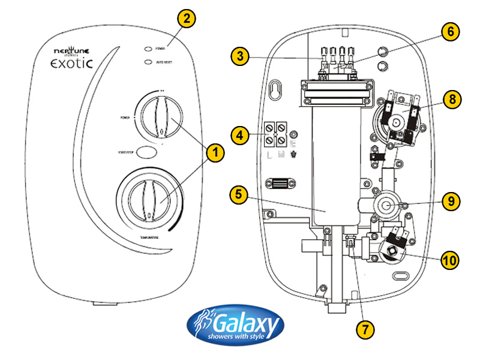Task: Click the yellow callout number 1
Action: (x=213, y=153)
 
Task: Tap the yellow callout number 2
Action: (x=186, y=19)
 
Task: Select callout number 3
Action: (x=241, y=57)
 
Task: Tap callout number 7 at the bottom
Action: (x=364, y=329)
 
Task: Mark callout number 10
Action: (x=450, y=260)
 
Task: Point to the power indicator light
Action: (x=147, y=47)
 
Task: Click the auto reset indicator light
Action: (x=147, y=61)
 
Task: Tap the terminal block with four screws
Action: (x=275, y=134)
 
